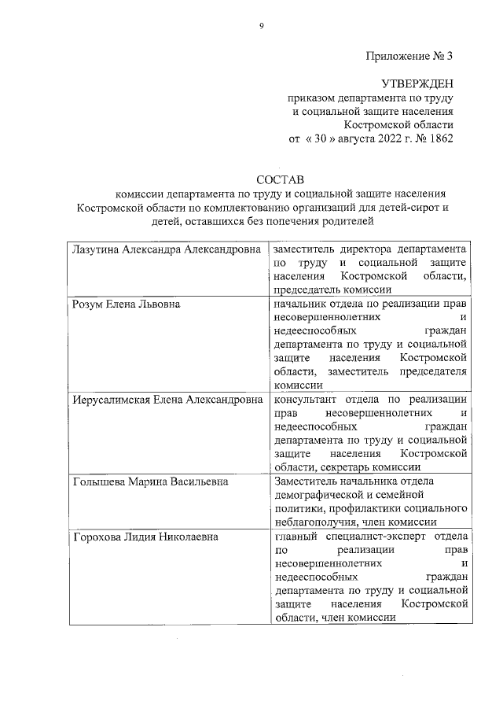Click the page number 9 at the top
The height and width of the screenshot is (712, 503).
point(261,26)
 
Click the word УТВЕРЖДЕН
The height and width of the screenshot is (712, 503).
point(417,84)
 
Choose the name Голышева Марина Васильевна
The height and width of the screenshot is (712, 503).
point(149,481)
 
